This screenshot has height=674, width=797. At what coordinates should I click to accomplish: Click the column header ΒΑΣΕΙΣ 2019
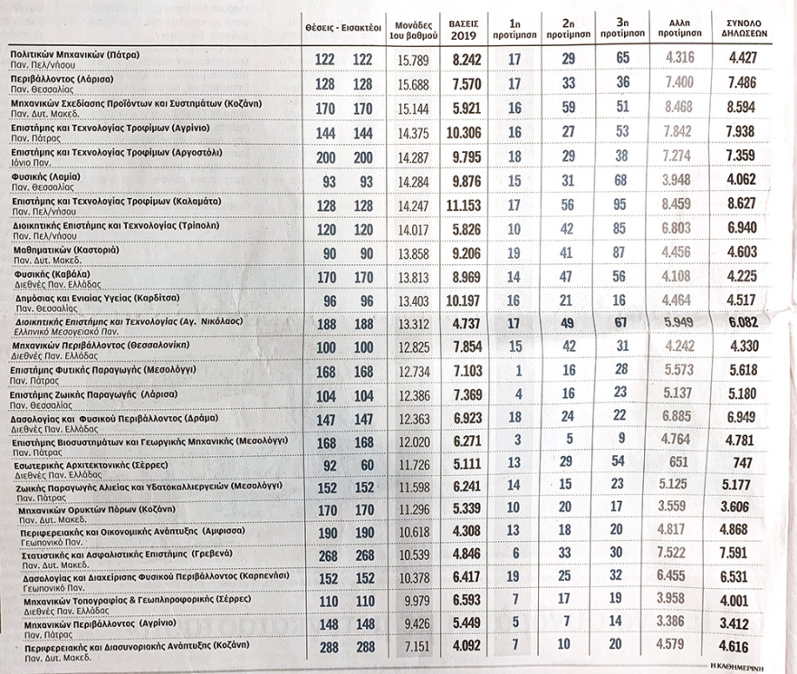(464, 30)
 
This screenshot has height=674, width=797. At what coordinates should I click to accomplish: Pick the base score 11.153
(463, 205)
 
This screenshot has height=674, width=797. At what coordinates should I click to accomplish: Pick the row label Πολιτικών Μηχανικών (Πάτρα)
(74, 54)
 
